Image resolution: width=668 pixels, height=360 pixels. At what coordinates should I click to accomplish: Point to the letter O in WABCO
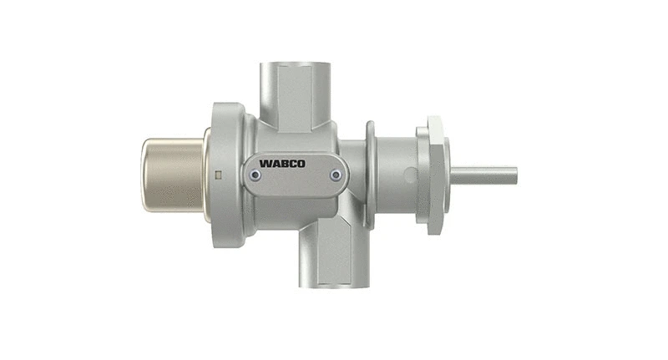pyautogui.click(x=301, y=164)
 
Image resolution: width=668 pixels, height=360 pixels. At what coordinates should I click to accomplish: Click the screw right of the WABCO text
pyautogui.click(x=336, y=175)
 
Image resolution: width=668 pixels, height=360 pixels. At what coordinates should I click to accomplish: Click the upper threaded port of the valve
pyautogui.click(x=296, y=92)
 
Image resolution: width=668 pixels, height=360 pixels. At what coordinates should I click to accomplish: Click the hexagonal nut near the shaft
pyautogui.click(x=437, y=175)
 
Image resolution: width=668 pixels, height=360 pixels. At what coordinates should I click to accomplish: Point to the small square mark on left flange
pyautogui.click(x=217, y=175)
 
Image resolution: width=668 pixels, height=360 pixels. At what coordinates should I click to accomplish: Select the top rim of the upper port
pyautogui.click(x=296, y=65)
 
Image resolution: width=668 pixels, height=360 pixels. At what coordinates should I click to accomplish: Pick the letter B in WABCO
pyautogui.click(x=286, y=164)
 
